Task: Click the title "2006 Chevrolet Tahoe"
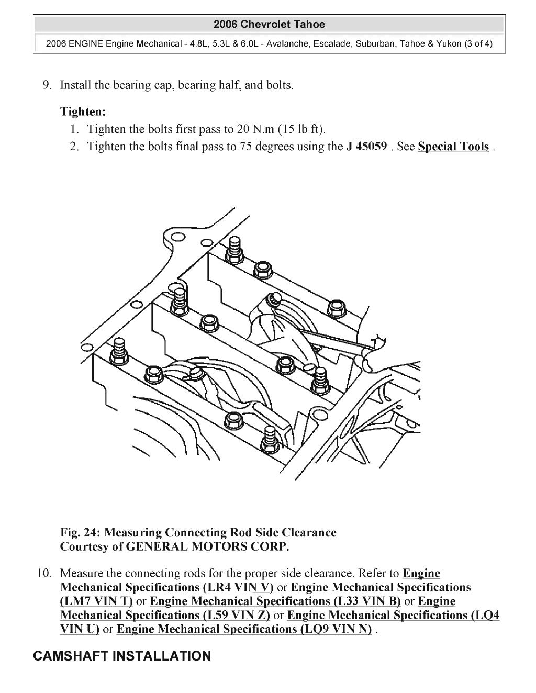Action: click(x=269, y=25)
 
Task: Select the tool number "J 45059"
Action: click(x=366, y=147)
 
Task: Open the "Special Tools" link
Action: click(x=453, y=147)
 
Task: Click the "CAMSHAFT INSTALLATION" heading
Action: click(x=122, y=656)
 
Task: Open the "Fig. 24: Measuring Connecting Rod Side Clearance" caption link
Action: click(x=198, y=533)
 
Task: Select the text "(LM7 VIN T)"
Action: click(x=96, y=601)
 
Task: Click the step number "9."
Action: click(x=47, y=85)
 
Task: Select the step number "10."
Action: click(x=44, y=574)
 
